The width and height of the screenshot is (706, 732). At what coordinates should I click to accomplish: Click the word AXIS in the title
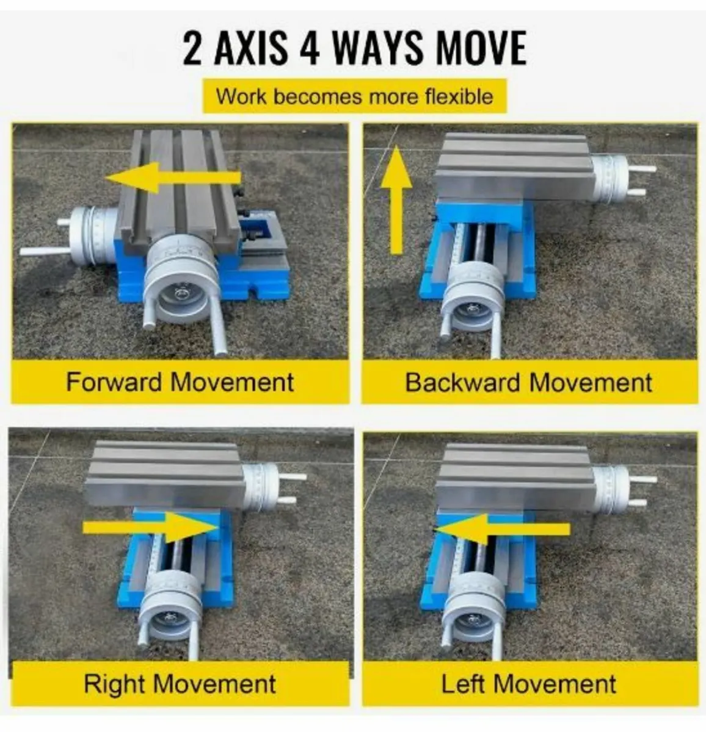(250, 49)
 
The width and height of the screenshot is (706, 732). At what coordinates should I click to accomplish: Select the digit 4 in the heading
(310, 49)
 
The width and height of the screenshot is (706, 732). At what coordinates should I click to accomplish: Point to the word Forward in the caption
(115, 382)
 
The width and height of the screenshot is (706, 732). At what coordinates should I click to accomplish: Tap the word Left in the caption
(462, 683)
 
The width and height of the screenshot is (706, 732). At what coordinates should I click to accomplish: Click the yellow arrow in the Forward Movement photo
(173, 178)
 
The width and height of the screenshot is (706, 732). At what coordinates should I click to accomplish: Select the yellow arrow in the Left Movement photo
(501, 528)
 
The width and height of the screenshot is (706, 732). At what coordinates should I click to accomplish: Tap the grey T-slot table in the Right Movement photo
(166, 474)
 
